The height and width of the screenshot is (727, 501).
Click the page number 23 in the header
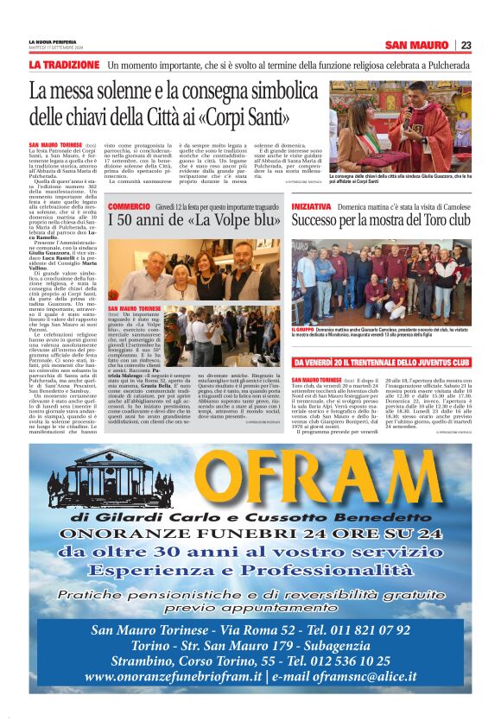466,45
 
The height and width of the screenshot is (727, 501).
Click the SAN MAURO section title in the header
417,45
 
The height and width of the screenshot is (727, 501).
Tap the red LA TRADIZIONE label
64,65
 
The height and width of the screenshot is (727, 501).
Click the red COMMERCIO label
128,207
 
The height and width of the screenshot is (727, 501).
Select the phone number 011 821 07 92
377,629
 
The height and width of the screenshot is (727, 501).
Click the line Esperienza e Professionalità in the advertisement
249,571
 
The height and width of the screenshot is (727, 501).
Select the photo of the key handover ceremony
400,125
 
